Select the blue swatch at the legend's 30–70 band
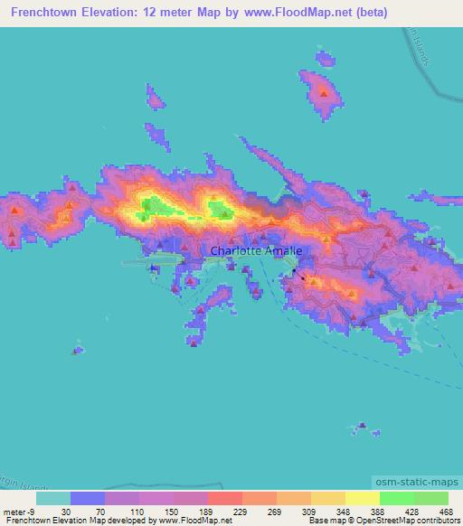88,498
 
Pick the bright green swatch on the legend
397,498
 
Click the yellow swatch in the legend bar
362,498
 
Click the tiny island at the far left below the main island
79,350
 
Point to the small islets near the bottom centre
363,426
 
